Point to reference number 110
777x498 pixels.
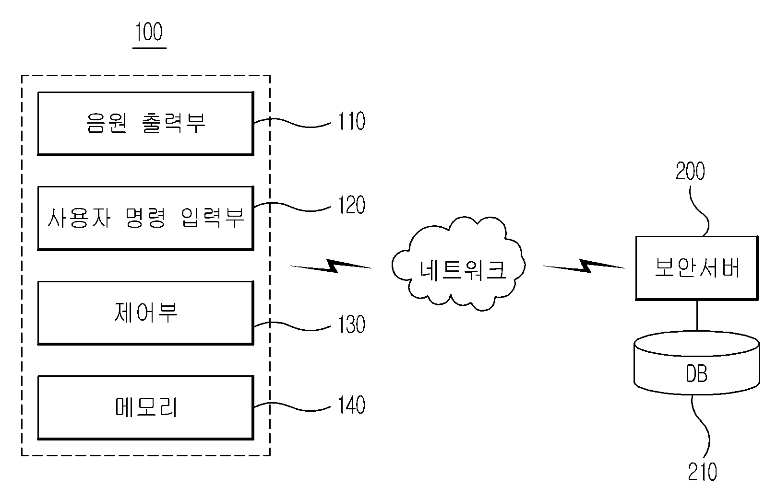pyautogui.click(x=351, y=121)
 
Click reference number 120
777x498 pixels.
pyautogui.click(x=351, y=205)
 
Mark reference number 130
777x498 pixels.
pyautogui.click(x=351, y=324)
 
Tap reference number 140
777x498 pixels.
pyautogui.click(x=351, y=405)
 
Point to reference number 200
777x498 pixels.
pyautogui.click(x=690, y=171)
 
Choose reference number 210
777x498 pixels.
pyautogui.click(x=703, y=471)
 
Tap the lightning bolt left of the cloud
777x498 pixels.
pyautogui.click(x=331, y=266)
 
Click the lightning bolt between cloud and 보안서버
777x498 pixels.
pyautogui.click(x=584, y=266)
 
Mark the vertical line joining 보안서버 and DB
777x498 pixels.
pyautogui.click(x=697, y=315)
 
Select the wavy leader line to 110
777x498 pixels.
pyautogui.click(x=292, y=123)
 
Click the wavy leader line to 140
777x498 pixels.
pyautogui.click(x=292, y=406)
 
